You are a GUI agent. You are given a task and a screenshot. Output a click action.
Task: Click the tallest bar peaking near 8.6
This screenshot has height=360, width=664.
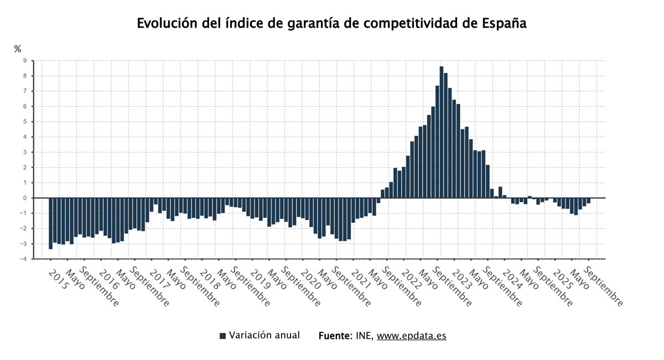tap(442, 133)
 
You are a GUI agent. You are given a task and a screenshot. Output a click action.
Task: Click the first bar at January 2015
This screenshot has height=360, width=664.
tap(51, 223)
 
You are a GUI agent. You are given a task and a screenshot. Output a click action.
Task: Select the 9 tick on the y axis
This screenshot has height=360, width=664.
tap(25, 60)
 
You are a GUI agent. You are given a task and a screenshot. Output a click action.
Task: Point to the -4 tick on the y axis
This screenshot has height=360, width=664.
tap(24, 259)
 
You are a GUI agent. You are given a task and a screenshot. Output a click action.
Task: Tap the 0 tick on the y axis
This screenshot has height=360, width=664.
tap(25, 198)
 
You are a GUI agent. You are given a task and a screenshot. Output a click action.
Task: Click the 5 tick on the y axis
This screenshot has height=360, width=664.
tap(25, 122)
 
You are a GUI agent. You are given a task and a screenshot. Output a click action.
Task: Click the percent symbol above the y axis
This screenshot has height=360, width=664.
tap(18, 49)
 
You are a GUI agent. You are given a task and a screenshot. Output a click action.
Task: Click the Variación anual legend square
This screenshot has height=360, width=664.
tap(223, 336)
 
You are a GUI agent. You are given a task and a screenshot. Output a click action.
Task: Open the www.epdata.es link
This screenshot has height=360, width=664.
tap(411, 336)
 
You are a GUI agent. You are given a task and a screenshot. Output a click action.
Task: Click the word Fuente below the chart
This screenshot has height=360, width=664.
tap(334, 336)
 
